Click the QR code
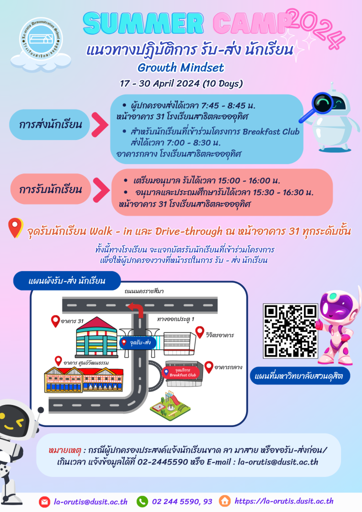pyautogui.click(x=290, y=330)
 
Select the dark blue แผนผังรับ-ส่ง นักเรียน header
pyautogui.click(x=66, y=280)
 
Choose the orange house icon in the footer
pyautogui.click(x=224, y=501)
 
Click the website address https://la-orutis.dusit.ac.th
pyautogui.click(x=283, y=501)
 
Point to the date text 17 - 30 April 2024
pyautogui.click(x=181, y=83)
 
